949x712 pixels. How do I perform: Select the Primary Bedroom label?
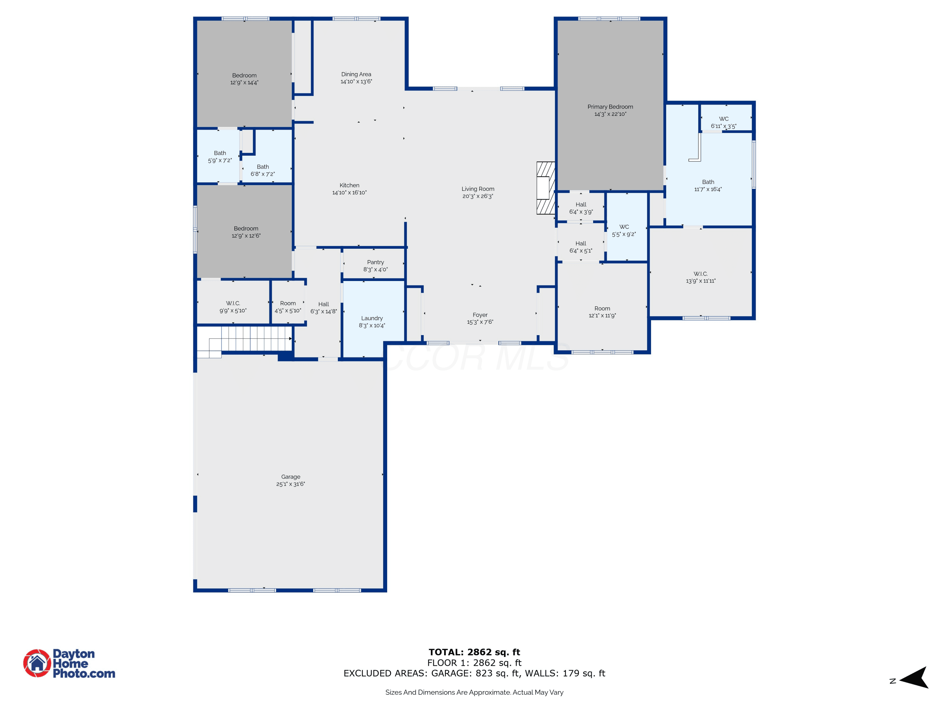pyautogui.click(x=610, y=107)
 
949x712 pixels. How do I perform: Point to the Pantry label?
pyautogui.click(x=375, y=262)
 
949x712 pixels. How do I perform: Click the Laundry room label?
pyautogui.click(x=372, y=318)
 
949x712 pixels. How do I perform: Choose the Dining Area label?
pyautogui.click(x=356, y=74)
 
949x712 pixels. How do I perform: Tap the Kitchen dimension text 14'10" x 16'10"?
pyautogui.click(x=349, y=193)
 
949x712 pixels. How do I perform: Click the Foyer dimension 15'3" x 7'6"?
pyautogui.click(x=480, y=322)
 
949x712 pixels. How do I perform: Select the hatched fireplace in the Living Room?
pyautogui.click(x=546, y=188)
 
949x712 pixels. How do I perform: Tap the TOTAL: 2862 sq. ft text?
pyautogui.click(x=474, y=652)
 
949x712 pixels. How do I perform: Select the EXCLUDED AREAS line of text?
pyautogui.click(x=474, y=673)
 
